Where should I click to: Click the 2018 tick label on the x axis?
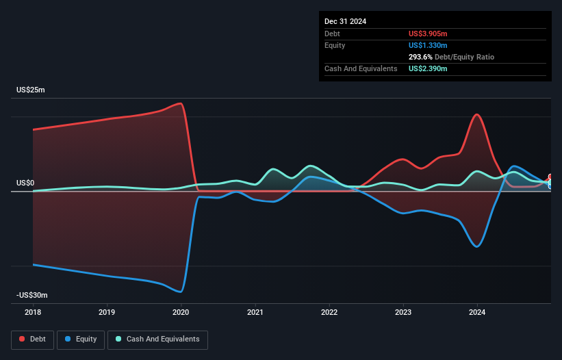pyautogui.click(x=33, y=312)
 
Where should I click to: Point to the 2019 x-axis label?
pyautogui.click(x=107, y=312)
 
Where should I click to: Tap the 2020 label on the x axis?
pyautogui.click(x=181, y=312)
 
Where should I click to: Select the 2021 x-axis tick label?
pyautogui.click(x=255, y=312)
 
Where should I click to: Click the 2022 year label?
pyautogui.click(x=329, y=312)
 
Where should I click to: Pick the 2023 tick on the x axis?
pyautogui.click(x=403, y=312)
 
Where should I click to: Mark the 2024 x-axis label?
pyautogui.click(x=477, y=312)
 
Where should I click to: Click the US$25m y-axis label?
pyautogui.click(x=31, y=90)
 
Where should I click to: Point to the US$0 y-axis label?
pyautogui.click(x=25, y=183)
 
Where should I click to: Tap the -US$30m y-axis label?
pyautogui.click(x=32, y=295)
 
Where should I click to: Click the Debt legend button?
pyautogui.click(x=32, y=339)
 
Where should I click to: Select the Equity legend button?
pyautogui.click(x=81, y=339)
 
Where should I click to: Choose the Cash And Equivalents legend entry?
pyautogui.click(x=157, y=339)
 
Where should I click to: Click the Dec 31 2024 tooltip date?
pyautogui.click(x=345, y=21)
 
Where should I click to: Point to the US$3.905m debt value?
pyautogui.click(x=428, y=34)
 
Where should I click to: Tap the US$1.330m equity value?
pyautogui.click(x=428, y=45)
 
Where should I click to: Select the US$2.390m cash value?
pyautogui.click(x=428, y=69)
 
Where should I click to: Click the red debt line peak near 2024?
pyautogui.click(x=477, y=114)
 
